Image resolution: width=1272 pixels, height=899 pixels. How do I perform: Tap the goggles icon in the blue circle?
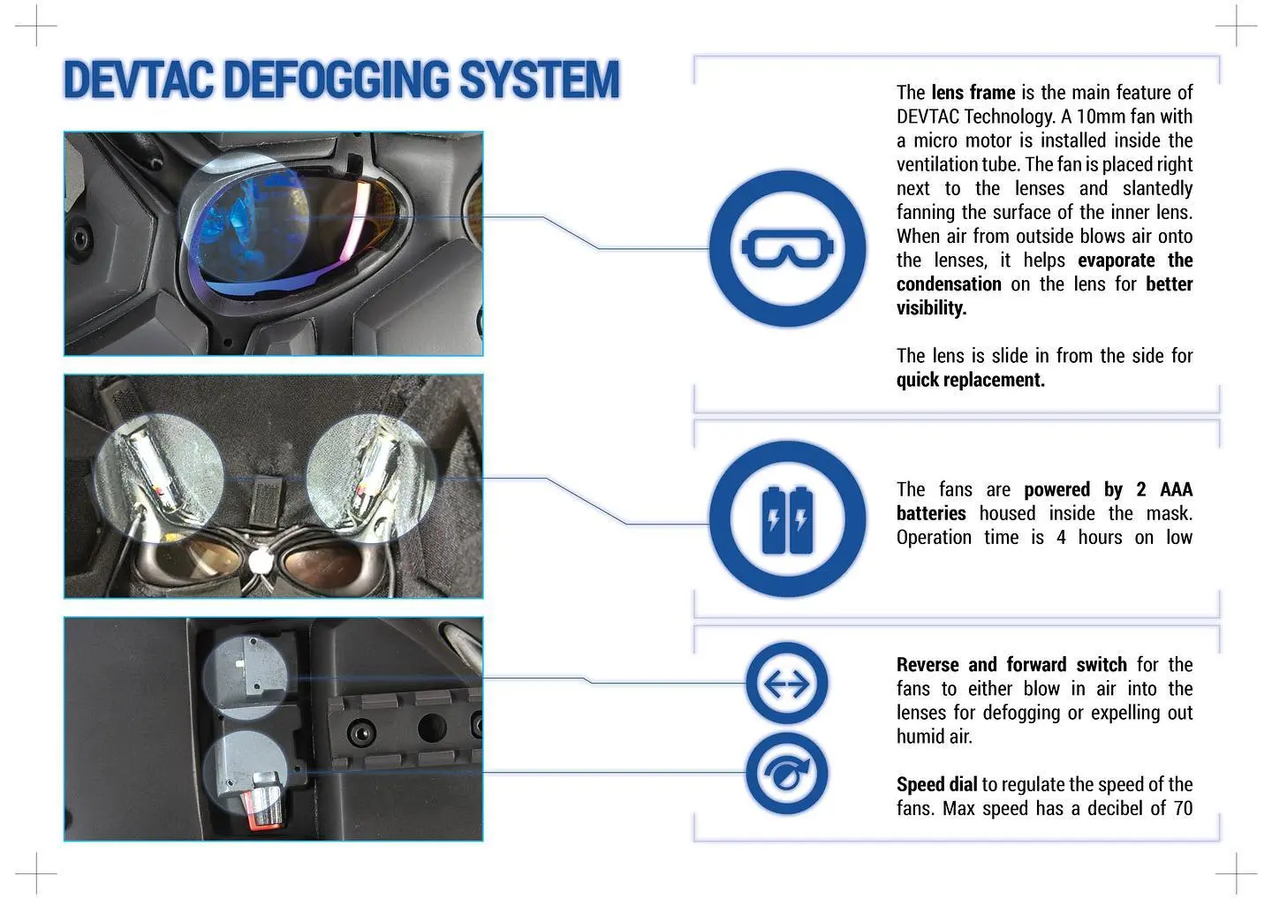787,248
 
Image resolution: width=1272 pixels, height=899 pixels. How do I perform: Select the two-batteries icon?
787,519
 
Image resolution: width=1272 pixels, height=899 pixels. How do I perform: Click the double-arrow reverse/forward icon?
786,684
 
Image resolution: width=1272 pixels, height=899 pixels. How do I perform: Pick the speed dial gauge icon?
786,774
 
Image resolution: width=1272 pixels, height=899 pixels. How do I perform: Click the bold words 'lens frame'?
973,93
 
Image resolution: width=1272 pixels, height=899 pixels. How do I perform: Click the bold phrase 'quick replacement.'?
970,380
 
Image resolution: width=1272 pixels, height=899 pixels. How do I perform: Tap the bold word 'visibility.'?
931,308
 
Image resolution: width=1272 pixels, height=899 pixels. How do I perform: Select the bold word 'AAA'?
1176,489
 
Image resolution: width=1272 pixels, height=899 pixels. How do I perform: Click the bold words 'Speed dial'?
936,784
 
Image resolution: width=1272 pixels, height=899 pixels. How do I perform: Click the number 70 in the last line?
1183,808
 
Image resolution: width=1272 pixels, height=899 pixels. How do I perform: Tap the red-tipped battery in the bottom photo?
262,799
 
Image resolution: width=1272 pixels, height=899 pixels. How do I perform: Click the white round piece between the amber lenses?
261,560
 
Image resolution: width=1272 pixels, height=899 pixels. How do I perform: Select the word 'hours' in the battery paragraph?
1100,537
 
